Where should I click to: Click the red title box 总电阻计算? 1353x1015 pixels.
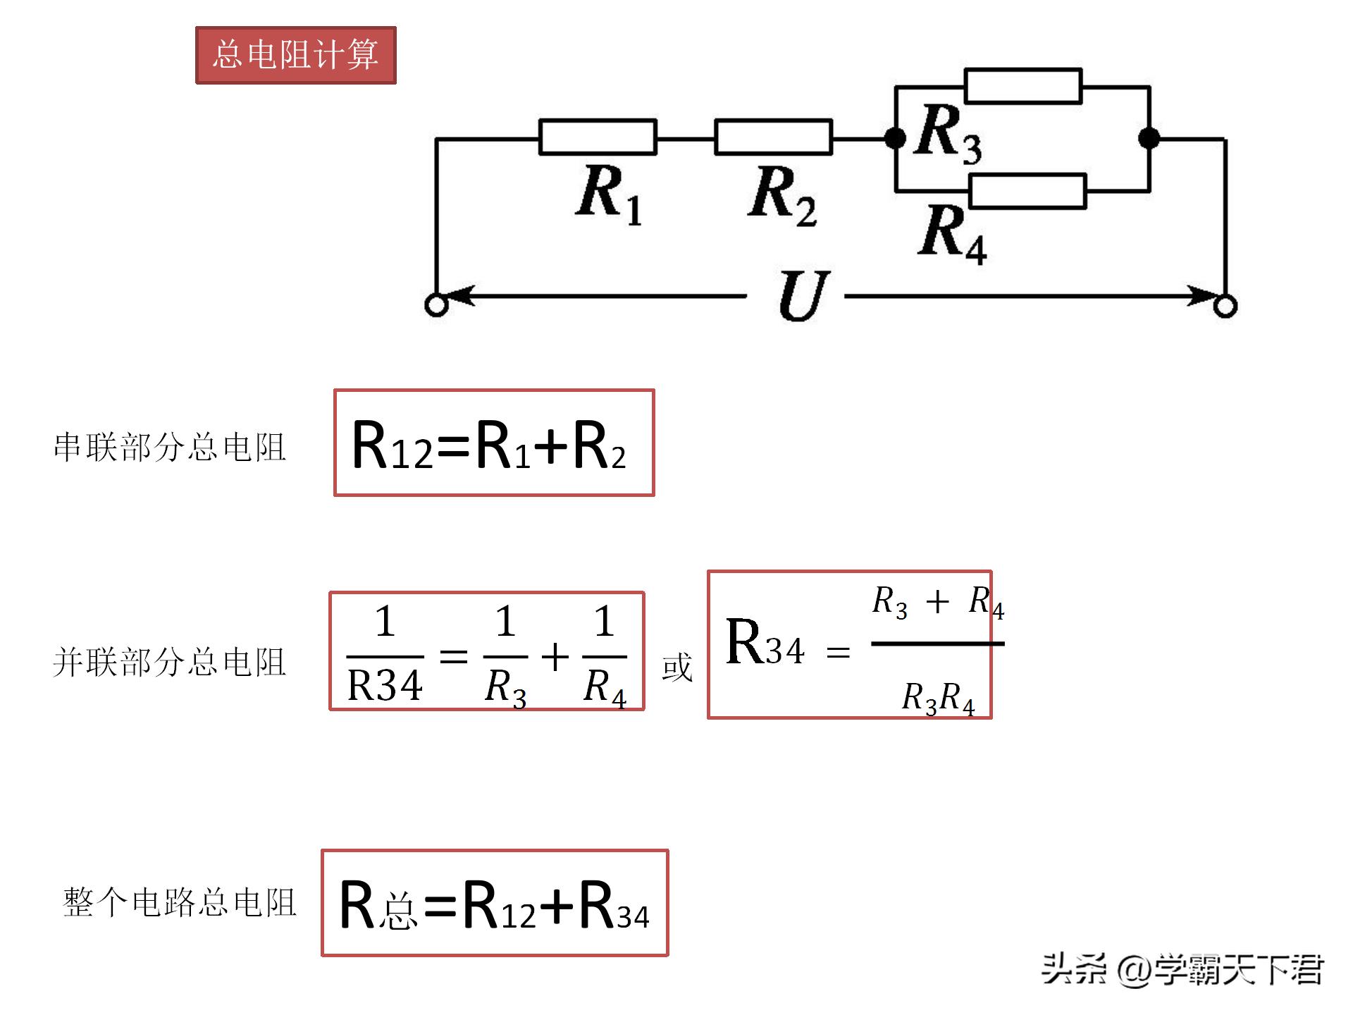point(295,55)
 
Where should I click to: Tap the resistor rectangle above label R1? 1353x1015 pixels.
point(598,137)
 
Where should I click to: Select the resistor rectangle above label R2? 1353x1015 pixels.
point(773,137)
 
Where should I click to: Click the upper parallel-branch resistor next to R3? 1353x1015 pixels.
point(1023,86)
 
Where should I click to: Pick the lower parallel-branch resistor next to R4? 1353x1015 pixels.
point(1027,192)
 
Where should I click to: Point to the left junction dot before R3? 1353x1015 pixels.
point(895,138)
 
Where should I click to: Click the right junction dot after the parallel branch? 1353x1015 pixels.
point(1149,138)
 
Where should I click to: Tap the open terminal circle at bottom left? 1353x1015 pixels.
point(436,306)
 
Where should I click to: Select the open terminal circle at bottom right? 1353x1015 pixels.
point(1226,307)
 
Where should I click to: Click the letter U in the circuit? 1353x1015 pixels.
point(803,296)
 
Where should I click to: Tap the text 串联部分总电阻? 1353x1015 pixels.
point(170,447)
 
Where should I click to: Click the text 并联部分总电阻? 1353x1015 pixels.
point(170,663)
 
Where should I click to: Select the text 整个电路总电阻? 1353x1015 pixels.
point(180,903)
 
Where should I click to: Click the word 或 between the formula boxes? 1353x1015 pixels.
point(676,667)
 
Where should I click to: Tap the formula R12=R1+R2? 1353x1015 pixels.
point(489,444)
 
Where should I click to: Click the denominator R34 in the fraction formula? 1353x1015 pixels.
point(385,685)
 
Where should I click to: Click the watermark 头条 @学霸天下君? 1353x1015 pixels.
point(1182,970)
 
